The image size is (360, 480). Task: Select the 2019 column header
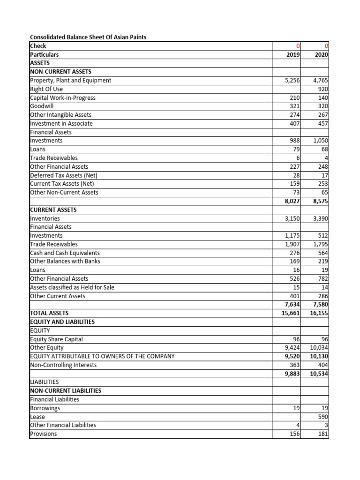pos(292,54)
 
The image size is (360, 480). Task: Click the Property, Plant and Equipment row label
pos(70,80)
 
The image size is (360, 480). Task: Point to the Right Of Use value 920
pos(323,89)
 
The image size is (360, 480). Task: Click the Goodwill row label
pos(41,106)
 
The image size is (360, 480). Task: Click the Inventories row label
pos(45,218)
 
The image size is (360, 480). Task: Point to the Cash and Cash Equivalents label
pos(65,253)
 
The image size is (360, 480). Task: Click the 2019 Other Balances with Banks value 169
pos(294,261)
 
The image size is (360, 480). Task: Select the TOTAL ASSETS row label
pos(49,313)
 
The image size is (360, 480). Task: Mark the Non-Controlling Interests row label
pos(63,365)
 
